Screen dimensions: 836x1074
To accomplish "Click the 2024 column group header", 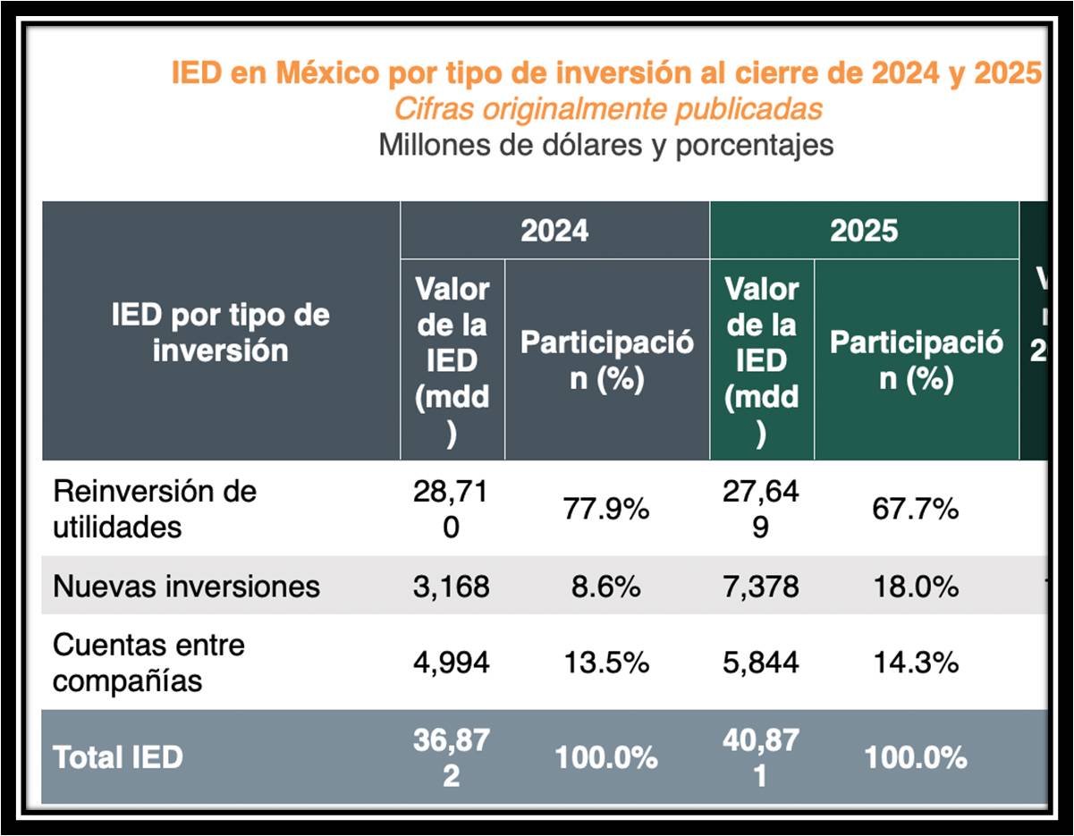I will pyautogui.click(x=554, y=230).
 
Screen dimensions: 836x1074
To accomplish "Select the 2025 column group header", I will pyautogui.click(x=863, y=230).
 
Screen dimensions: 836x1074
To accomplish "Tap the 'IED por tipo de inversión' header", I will pyautogui.click(x=220, y=332).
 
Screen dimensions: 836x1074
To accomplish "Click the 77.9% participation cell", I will pyautogui.click(x=605, y=509).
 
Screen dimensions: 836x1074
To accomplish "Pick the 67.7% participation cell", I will pyautogui.click(x=915, y=509).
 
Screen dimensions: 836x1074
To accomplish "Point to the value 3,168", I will pyautogui.click(x=452, y=586).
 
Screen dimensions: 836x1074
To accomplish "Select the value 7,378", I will pyautogui.click(x=761, y=586).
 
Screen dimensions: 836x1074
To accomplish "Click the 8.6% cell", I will pyautogui.click(x=605, y=586).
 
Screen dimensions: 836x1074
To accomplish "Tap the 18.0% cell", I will pyautogui.click(x=915, y=586).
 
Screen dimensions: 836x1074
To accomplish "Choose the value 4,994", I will pyautogui.click(x=452, y=663).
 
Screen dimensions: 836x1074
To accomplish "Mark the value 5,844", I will pyautogui.click(x=761, y=663).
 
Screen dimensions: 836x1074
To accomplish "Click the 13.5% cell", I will pyautogui.click(x=605, y=663).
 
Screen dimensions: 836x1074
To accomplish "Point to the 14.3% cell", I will pyautogui.click(x=915, y=663).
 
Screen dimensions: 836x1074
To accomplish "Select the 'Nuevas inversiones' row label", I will pyautogui.click(x=186, y=586).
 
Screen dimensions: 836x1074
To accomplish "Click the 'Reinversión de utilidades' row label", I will pyautogui.click(x=154, y=509).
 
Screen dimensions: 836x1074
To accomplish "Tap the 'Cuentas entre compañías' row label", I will pyautogui.click(x=148, y=663).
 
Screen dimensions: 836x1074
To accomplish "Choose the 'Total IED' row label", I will pyautogui.click(x=118, y=757).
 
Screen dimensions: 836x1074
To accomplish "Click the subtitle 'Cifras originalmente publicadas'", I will pyautogui.click(x=607, y=109).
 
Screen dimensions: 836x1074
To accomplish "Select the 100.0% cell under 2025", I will pyautogui.click(x=915, y=757).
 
